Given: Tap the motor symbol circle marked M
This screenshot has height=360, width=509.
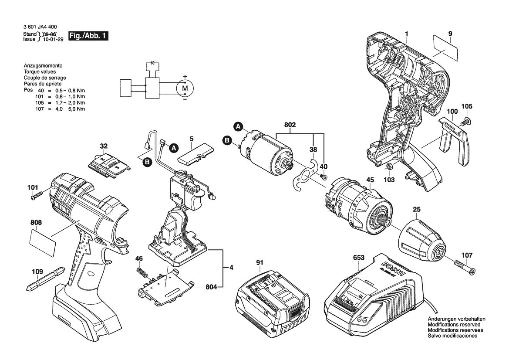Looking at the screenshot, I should pos(184,88).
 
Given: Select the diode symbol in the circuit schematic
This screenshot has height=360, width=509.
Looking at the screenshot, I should pos(152,63).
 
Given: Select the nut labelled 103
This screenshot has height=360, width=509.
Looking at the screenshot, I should pos(389,166).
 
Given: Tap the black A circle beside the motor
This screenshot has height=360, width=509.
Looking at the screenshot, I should pos(238,127).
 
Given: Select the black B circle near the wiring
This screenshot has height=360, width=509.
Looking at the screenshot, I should pos(147,162).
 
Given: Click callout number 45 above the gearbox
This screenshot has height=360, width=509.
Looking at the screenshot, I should pos(370,180).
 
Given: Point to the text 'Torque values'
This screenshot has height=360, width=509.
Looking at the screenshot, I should pos(39,71).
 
